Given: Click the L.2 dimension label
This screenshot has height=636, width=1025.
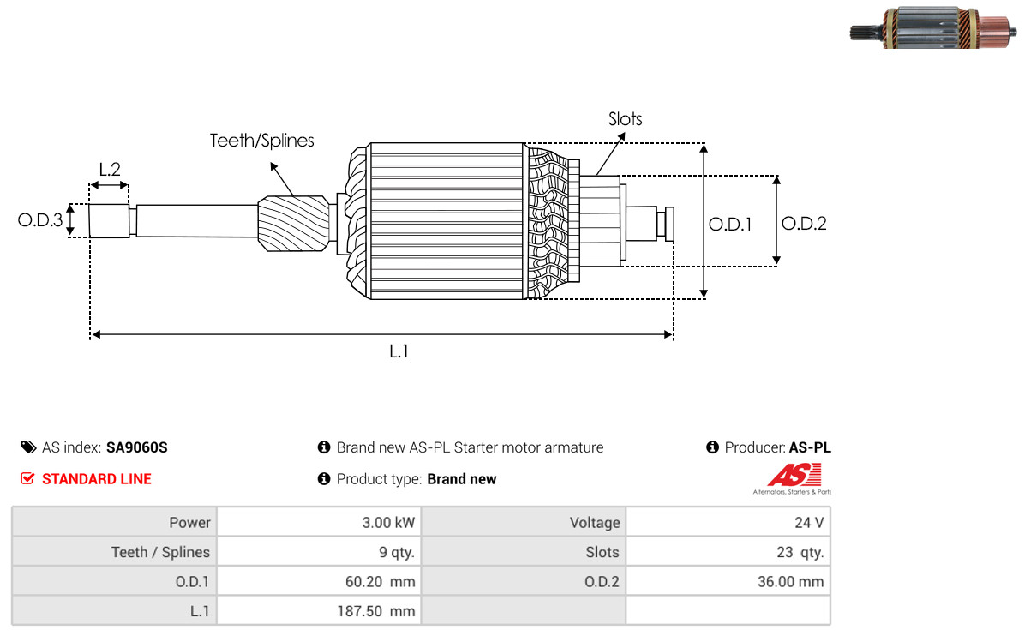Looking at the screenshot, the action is pos(110,170).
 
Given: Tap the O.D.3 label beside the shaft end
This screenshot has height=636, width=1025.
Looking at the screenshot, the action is pos(40,220).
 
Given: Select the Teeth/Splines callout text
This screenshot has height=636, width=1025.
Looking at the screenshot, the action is pos(261,141).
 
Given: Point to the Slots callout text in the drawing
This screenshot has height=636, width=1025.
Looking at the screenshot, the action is pos(625,119).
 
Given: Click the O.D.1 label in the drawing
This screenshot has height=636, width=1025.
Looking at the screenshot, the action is pos(730,225).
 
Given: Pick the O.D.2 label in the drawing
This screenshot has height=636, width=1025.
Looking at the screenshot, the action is pos(804,224).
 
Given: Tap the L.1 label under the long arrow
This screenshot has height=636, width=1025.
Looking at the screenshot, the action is pos(399,351).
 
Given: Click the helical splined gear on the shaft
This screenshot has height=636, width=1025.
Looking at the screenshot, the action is pos(293,224).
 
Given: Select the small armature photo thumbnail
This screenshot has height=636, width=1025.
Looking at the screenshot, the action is pos(933,28).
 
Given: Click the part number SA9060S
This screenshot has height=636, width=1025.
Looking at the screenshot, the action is pos(136,447).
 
